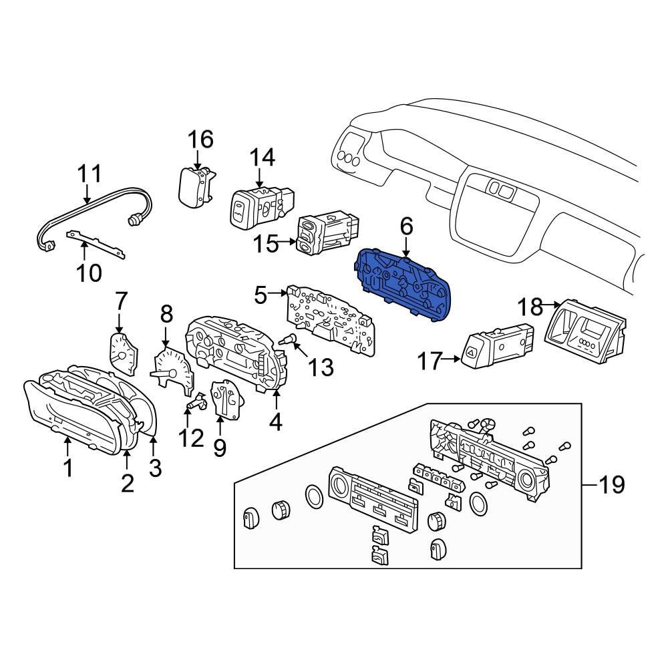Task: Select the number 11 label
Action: point(88,174)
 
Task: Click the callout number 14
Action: point(262,158)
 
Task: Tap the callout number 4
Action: point(275,422)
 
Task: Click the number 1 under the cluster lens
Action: point(67,469)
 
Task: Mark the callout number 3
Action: point(155,468)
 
